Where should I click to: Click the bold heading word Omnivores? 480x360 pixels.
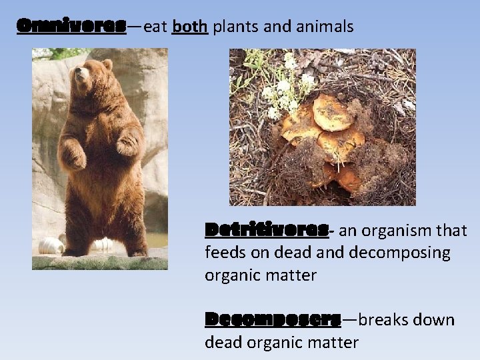pos(71,26)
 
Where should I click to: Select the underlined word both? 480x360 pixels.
pos(190,27)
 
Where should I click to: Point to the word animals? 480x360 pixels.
pos(323,27)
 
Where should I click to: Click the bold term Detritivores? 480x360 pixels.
pos(267,230)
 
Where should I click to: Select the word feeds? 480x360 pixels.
pos(226,253)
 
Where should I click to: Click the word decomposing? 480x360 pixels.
pos(399,253)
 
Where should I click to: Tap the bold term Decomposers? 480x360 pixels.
pos(273,319)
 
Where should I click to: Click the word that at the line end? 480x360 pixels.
pos(451,231)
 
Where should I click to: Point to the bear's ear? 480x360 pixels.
pos(107,65)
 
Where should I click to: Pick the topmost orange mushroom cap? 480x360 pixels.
pos(333,112)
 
